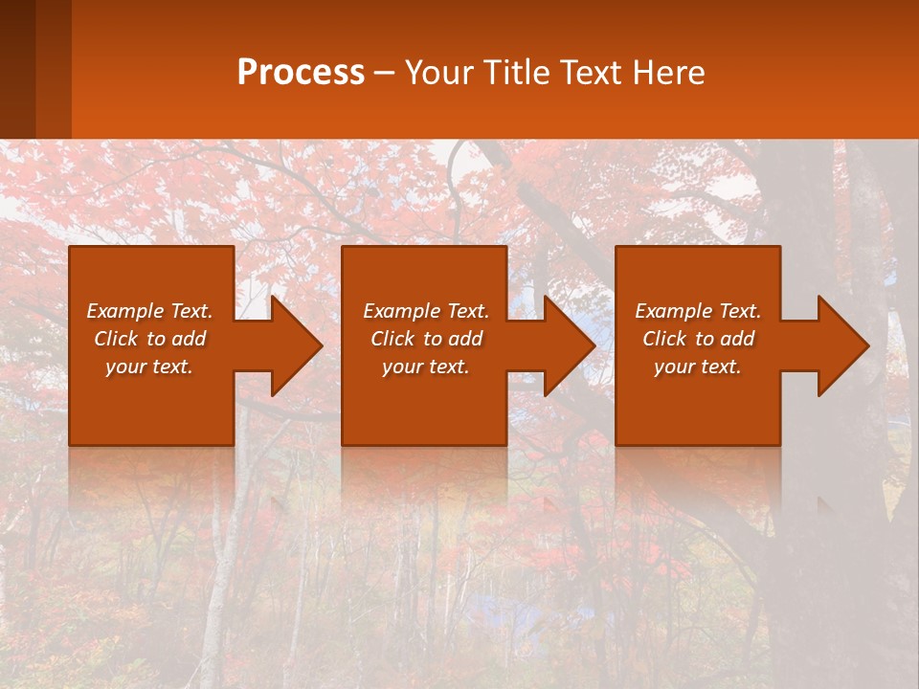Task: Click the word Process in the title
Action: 301,73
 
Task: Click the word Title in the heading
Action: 517,73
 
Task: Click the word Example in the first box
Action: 124,311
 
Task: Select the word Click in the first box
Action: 117,339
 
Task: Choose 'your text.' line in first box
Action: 149,367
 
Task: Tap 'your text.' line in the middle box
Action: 425,367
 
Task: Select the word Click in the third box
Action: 665,339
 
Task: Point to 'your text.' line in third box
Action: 697,367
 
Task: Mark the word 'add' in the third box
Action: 737,339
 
